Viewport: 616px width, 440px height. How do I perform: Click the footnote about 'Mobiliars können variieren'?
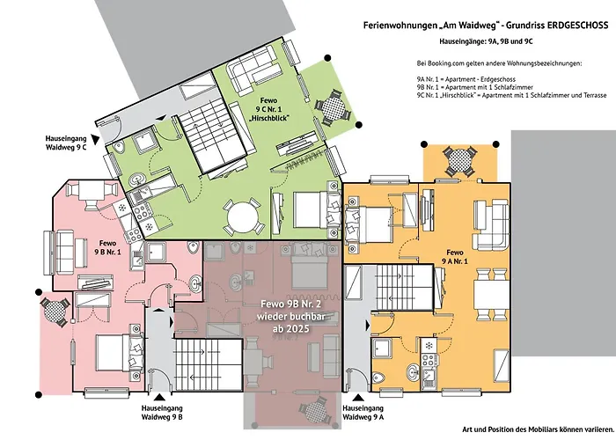[535, 429]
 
